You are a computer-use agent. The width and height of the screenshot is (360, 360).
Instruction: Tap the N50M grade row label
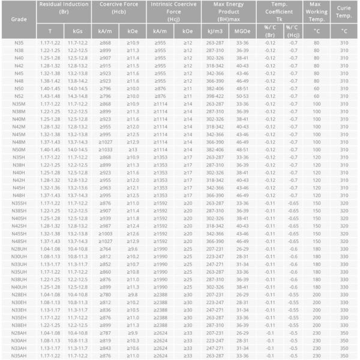click(18, 148)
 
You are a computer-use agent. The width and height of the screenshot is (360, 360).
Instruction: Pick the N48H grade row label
click(18, 194)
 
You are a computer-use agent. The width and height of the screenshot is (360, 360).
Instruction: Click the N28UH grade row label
click(19, 247)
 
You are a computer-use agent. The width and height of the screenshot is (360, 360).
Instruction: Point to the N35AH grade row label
click(19, 355)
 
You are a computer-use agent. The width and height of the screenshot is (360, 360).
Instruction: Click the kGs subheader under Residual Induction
click(78, 31)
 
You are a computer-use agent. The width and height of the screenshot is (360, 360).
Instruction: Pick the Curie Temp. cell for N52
click(344, 95)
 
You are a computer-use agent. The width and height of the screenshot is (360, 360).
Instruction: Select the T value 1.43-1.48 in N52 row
click(50, 95)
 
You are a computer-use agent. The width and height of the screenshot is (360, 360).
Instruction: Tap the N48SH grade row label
click(19, 240)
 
